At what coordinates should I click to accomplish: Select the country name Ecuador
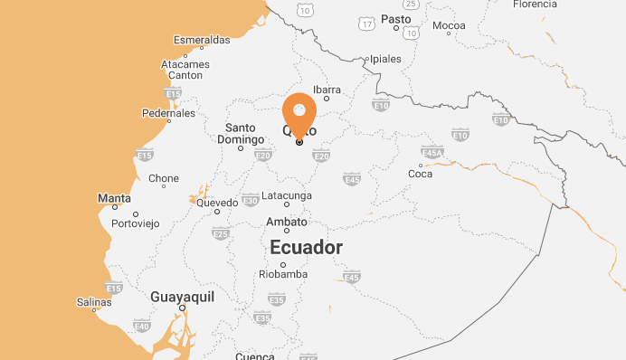307,247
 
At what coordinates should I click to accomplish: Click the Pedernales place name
169,113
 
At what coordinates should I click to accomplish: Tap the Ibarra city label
327,89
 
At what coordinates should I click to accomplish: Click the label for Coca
421,173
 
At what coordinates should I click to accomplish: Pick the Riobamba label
283,274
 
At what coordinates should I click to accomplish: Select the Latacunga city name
287,195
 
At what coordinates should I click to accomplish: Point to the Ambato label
288,222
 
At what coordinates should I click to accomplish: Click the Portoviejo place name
135,223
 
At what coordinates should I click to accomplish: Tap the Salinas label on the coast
94,302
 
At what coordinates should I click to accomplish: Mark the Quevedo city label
217,203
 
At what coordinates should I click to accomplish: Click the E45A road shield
432,154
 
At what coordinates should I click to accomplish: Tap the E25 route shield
220,234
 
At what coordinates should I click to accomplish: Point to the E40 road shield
141,326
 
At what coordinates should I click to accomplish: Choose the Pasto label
396,18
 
